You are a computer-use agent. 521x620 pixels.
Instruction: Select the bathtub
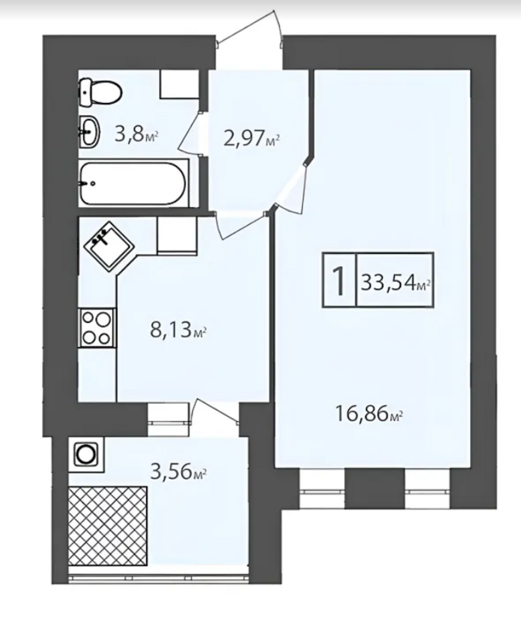(x=133, y=183)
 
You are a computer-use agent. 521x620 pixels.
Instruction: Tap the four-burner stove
(x=97, y=328)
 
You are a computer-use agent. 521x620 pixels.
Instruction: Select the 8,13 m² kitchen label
(x=178, y=330)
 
